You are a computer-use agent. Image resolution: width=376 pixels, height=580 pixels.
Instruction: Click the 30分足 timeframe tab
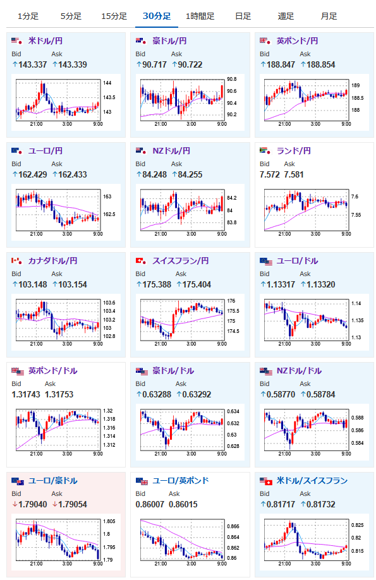157,16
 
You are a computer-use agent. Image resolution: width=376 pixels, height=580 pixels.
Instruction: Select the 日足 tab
243,16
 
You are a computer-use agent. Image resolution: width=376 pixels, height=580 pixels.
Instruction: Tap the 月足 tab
329,16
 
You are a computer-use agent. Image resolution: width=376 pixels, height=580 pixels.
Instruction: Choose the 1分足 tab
28,16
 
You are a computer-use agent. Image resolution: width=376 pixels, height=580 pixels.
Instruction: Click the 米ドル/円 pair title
45,40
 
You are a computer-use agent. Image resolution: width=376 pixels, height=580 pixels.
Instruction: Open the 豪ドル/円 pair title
169,40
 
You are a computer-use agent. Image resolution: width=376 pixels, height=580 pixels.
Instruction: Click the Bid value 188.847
281,64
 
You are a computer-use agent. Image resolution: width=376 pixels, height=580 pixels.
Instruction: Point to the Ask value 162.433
73,174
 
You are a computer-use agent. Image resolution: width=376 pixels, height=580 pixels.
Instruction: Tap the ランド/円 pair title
293,150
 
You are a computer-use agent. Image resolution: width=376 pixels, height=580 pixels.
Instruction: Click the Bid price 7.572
269,174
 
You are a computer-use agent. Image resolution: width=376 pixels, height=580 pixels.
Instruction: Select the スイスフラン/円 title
181,261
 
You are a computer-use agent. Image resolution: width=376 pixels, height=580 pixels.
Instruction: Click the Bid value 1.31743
25,394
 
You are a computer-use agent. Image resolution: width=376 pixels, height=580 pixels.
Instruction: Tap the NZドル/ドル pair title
299,371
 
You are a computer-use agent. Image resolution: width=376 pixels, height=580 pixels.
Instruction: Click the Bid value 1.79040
33,504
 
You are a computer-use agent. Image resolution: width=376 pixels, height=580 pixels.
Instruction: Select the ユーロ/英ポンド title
181,481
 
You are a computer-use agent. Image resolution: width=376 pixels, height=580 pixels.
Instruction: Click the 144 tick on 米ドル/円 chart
107,83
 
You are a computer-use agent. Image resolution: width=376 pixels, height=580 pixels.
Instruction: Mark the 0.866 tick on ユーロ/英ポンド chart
233,526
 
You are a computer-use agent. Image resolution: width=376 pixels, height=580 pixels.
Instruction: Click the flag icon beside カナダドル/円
16,261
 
